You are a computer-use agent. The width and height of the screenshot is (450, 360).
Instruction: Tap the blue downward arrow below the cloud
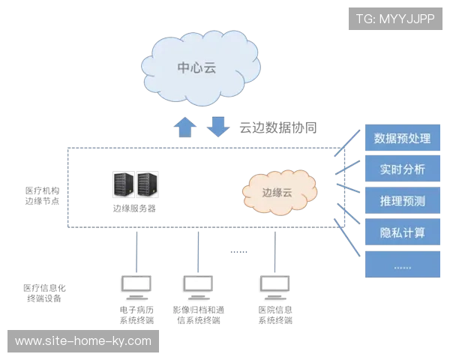(x=218, y=125)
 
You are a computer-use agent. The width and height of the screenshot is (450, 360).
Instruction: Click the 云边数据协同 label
(x=278, y=128)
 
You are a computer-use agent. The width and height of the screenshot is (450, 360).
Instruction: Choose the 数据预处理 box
(x=402, y=138)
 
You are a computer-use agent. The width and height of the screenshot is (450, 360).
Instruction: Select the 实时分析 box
(x=402, y=169)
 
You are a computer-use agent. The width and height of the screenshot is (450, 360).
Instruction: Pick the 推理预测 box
(x=402, y=201)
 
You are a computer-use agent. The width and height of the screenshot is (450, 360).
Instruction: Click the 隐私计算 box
(x=402, y=232)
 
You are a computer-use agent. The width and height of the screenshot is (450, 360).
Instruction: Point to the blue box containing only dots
(x=402, y=265)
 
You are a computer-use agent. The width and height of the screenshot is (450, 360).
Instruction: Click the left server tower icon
(x=123, y=183)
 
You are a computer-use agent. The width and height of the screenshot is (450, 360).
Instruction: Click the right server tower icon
(x=148, y=183)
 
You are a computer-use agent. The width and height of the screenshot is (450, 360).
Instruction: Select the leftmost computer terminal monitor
(x=136, y=286)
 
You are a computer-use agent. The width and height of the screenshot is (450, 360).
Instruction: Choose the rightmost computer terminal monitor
(x=273, y=286)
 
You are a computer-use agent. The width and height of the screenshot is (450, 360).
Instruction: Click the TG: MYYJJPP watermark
(x=395, y=17)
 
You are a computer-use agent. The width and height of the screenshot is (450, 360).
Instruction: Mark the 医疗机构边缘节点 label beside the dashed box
(x=42, y=196)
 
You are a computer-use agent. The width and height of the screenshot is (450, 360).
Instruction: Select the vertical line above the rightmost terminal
(x=273, y=247)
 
